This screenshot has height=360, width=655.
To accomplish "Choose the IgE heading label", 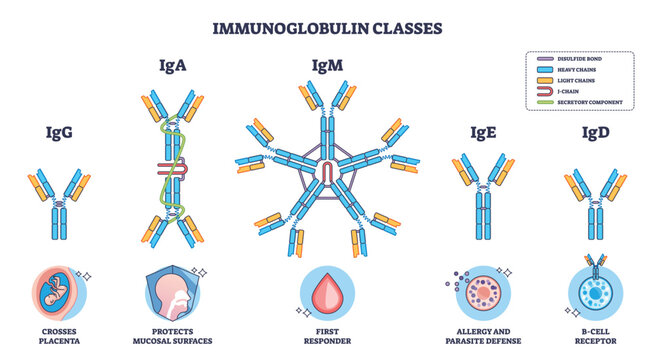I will tap(484, 131).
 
